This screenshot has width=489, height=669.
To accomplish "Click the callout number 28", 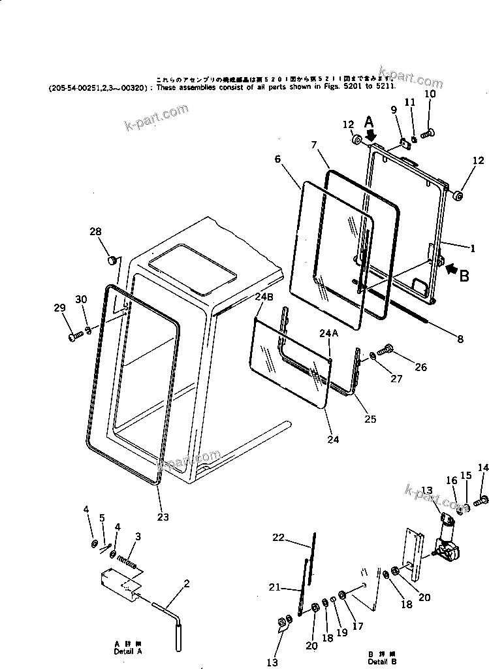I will click(95, 233).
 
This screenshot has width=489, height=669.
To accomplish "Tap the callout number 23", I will click(163, 517).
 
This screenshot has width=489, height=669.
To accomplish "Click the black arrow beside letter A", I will click(371, 135).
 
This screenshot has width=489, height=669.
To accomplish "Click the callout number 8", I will click(460, 338).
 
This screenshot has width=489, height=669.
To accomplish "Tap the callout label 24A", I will click(328, 333).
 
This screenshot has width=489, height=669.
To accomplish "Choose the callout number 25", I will click(370, 419).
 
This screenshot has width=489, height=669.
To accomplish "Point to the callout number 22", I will click(279, 537).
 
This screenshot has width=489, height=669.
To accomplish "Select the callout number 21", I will click(275, 587).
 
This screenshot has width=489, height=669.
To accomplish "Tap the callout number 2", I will click(187, 583).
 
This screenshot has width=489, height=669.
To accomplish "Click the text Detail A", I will click(127, 651).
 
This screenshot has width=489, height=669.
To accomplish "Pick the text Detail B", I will click(382, 661).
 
